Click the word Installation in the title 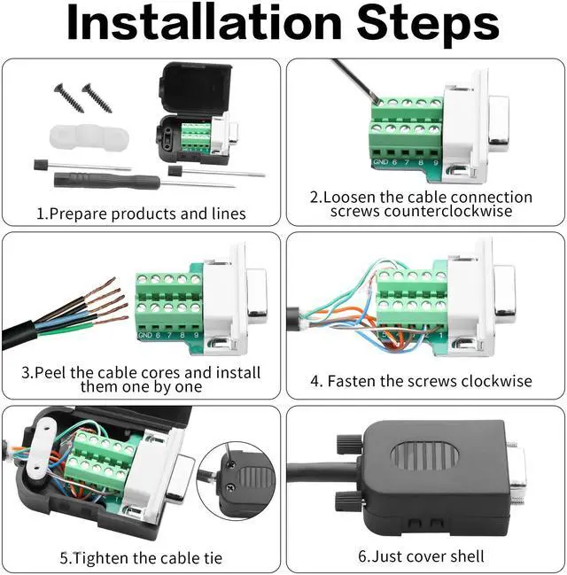205,23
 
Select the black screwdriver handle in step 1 106,180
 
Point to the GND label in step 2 380,162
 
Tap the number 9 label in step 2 436,162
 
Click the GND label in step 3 145,335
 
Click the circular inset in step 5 236,481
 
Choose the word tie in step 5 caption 213,558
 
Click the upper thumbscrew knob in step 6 350,443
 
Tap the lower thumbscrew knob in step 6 349,501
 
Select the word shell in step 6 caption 467,556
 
